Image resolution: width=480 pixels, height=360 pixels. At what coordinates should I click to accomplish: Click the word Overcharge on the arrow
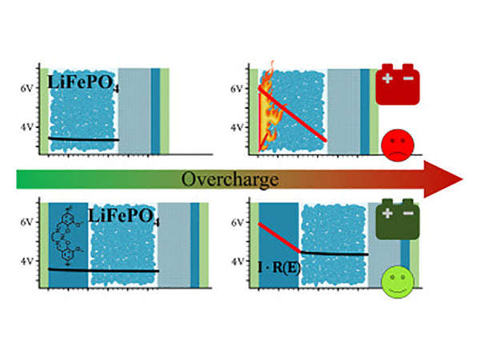pyautogui.click(x=239, y=179)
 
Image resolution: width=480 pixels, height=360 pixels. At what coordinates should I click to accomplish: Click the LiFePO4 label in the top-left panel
pyautogui.click(x=85, y=83)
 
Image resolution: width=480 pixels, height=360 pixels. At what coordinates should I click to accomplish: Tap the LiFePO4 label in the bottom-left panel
pyautogui.click(x=124, y=218)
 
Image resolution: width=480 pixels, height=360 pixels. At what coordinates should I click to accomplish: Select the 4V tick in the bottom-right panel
pyautogui.click(x=237, y=262)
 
